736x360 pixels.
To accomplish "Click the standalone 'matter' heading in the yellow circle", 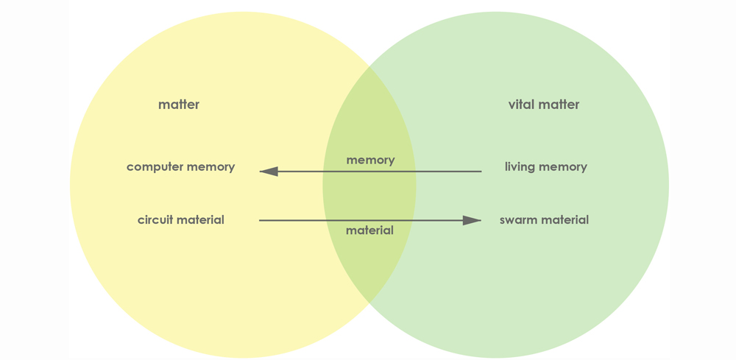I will (179, 105).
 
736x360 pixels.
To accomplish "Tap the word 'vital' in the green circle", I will (521, 105).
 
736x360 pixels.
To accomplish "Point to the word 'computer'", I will (155, 167).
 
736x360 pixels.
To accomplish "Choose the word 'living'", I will (520, 167).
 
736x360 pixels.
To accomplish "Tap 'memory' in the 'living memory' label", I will (563, 167).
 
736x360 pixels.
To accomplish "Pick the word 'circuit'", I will (155, 220).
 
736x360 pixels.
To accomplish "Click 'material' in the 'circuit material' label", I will (200, 220).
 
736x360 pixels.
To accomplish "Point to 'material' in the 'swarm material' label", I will (565, 220).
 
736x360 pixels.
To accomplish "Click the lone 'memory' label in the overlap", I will (370, 160).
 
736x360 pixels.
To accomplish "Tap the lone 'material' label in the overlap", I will (369, 230).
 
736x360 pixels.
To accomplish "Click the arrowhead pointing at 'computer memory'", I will (269, 172).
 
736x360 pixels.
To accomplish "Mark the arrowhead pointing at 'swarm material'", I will (473, 220).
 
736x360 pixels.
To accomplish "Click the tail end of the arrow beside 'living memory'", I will (480, 172).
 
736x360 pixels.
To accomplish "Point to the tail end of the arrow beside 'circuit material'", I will (261, 220).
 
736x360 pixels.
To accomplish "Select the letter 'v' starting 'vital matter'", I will (512, 105).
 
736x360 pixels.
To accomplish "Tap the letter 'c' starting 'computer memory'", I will (130, 167).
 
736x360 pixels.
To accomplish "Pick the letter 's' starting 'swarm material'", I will (503, 220).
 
